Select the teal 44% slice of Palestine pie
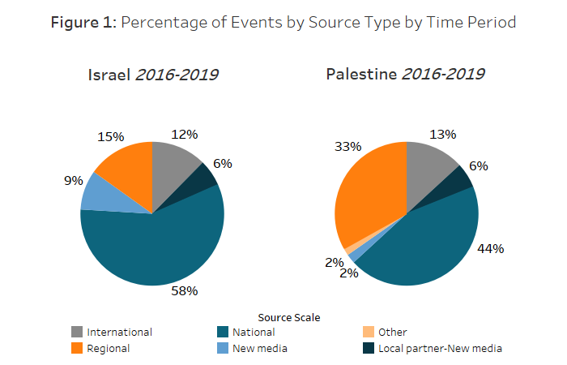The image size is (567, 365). [x=425, y=243]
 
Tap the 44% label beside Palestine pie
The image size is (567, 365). [x=491, y=248]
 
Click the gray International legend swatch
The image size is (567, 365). [x=77, y=332]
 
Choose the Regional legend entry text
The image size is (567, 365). [x=109, y=349]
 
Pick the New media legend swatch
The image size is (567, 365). [x=223, y=349]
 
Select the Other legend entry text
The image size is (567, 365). [x=392, y=332]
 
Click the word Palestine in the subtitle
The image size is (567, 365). [x=360, y=75]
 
